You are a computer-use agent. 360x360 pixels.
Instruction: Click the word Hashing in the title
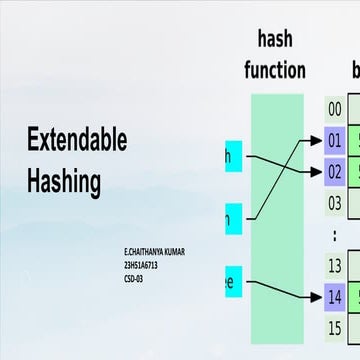(64, 182)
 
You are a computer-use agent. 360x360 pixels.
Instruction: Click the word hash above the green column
(275, 39)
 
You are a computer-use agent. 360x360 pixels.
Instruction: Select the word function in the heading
(275, 70)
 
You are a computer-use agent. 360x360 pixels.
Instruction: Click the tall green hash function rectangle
(277, 210)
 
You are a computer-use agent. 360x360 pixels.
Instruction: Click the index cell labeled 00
(335, 109)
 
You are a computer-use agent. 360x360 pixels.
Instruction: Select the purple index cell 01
(335, 140)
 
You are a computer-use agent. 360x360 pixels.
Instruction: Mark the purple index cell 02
(335, 171)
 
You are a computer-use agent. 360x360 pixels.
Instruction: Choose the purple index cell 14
(335, 295)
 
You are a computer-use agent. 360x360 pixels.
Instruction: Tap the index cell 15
(335, 326)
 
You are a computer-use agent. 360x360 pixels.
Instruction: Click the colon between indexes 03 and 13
(335, 233)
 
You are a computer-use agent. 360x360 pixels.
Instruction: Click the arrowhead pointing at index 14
(318, 295)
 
